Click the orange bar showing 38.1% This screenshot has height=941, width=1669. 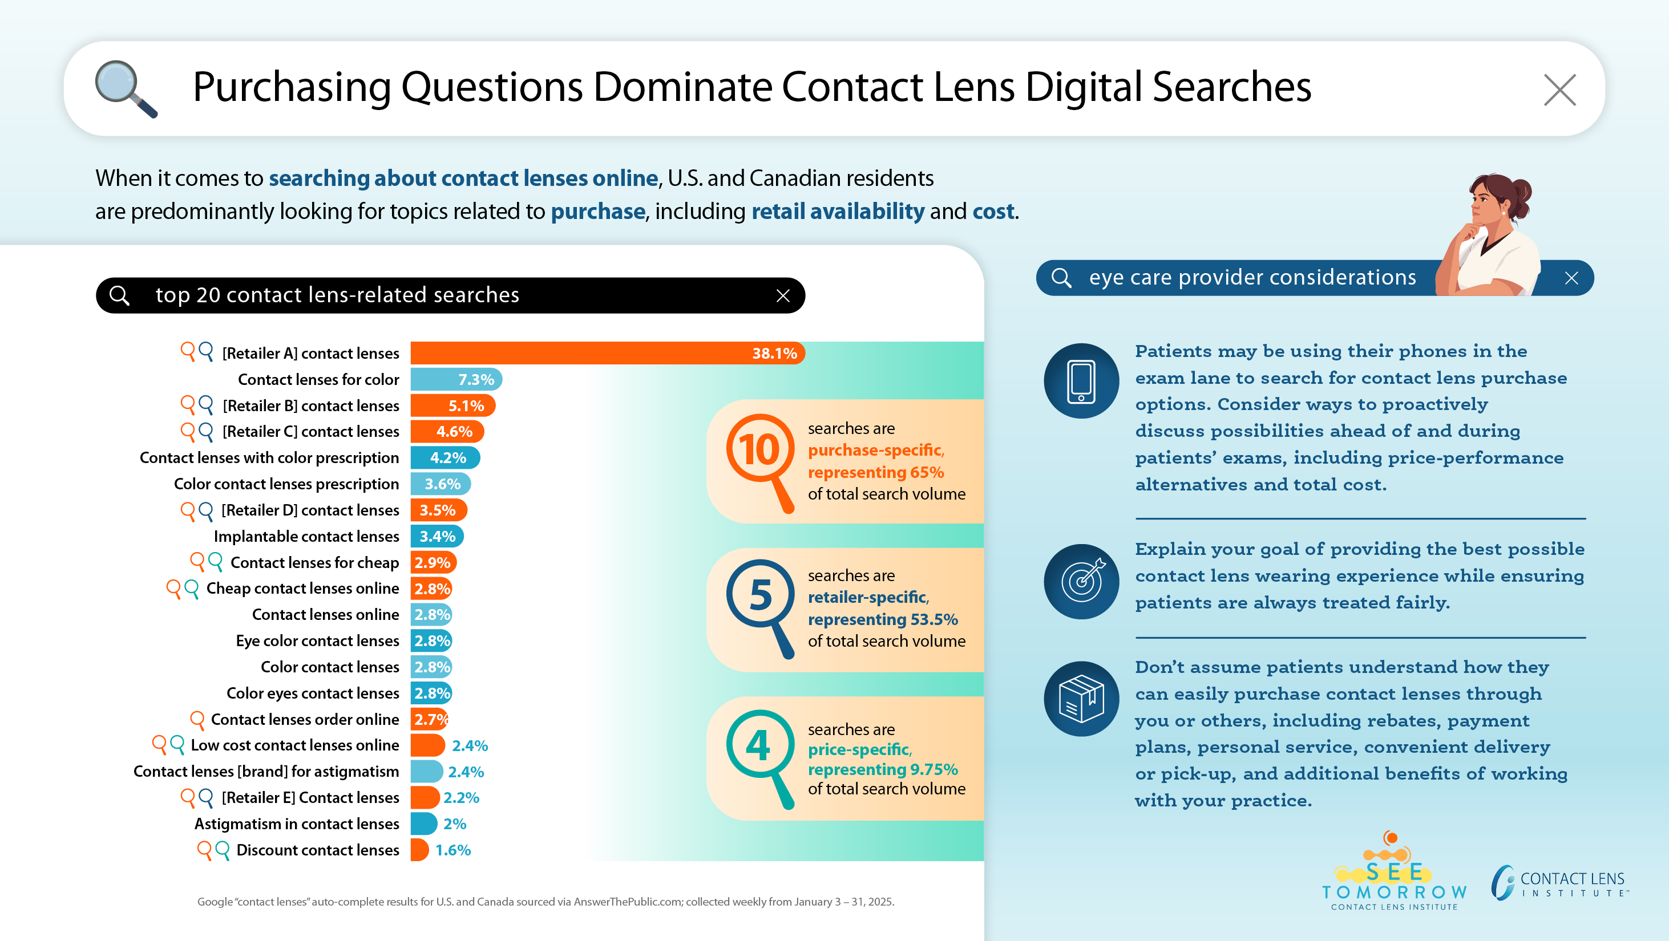coord(607,353)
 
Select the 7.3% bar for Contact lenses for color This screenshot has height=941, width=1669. coord(456,379)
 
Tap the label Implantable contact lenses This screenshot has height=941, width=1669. coord(306,536)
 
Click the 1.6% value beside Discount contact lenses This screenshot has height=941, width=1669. coord(453,850)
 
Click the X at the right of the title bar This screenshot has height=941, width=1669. coord(1559,90)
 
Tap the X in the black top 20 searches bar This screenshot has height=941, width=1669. coord(783,296)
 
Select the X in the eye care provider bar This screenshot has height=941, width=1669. coord(1571,278)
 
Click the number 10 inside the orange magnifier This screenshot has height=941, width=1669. coord(759,449)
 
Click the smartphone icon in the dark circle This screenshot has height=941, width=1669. coord(1081,381)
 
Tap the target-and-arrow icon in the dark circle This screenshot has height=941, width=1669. coord(1081,581)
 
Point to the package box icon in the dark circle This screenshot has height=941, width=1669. coord(1081,699)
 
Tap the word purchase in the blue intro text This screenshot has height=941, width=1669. coord(597,211)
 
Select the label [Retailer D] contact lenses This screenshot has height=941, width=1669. coord(310,510)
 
